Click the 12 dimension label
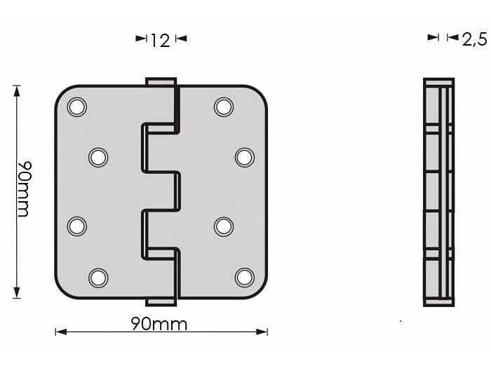pyautogui.click(x=161, y=41)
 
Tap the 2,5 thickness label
pyautogui.click(x=475, y=39)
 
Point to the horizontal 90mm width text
pyautogui.click(x=159, y=324)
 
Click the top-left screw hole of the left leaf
pyautogui.click(x=77, y=107)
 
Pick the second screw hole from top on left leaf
pyautogui.click(x=98, y=157)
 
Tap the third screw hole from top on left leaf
pyautogui.click(x=77, y=226)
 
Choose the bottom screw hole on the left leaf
pyautogui.click(x=98, y=278)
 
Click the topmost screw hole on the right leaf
pyautogui.click(x=224, y=107)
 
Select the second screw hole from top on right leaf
pyautogui.click(x=245, y=157)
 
